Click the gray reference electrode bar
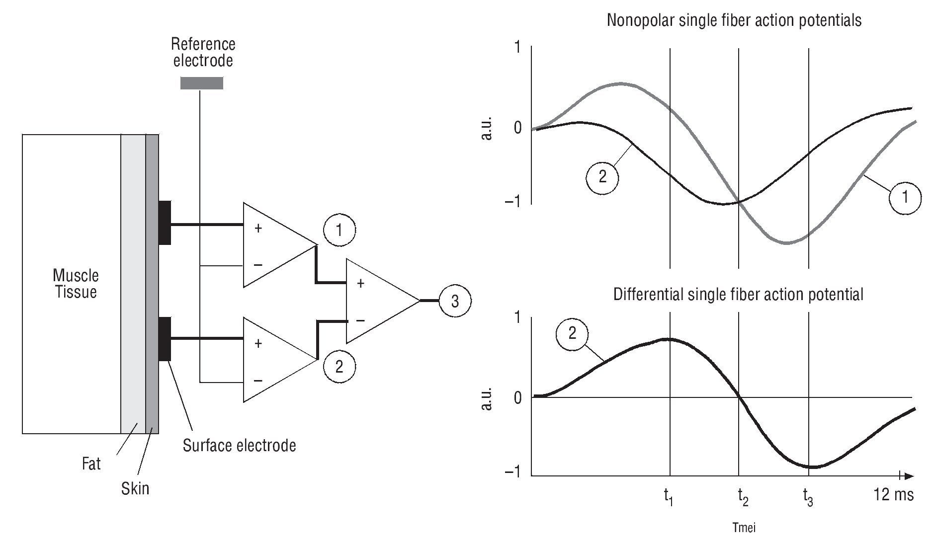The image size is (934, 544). (201, 83)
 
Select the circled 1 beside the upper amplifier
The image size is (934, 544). (339, 230)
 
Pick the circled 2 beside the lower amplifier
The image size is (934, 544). (339, 367)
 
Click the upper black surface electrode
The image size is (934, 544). (165, 223)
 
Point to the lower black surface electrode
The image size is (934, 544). (165, 339)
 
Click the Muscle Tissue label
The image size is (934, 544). (76, 284)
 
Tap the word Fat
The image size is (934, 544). (91, 464)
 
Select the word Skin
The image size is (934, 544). (135, 488)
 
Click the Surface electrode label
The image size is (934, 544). (239, 445)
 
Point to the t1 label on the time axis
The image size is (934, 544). (669, 496)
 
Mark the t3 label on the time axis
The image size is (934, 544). (808, 496)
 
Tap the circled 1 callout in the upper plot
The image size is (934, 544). (905, 197)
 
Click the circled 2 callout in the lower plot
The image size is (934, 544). (572, 333)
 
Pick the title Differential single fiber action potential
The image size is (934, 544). (738, 294)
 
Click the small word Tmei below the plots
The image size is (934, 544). (744, 527)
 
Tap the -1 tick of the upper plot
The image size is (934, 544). (512, 202)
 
